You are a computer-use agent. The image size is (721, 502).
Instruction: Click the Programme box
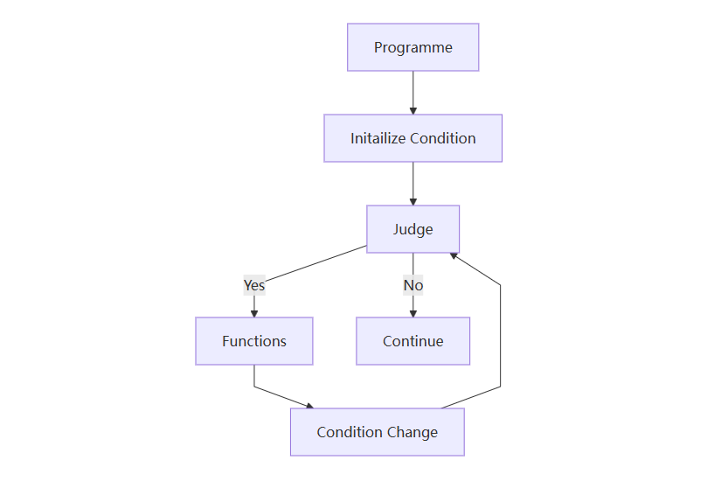[412, 47]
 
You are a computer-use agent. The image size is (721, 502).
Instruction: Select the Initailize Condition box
[412, 138]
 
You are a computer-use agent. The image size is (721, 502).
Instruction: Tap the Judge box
[412, 229]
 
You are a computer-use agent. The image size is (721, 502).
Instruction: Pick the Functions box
[254, 341]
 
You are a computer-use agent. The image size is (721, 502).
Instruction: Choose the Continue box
[412, 341]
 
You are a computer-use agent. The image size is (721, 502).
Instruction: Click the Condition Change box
[377, 432]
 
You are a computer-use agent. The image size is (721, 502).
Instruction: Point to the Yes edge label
[254, 285]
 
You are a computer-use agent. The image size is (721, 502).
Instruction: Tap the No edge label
[412, 285]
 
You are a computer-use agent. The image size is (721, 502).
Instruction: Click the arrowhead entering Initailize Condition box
[412, 110]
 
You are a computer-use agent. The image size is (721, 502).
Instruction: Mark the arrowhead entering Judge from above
[412, 201]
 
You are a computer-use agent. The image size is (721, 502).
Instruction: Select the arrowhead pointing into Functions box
[254, 313]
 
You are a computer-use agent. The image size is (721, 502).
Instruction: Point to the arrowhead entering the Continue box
[412, 313]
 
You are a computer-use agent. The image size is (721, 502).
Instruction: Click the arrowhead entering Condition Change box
[309, 405]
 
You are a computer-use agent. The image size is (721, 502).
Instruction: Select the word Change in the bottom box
[416, 432]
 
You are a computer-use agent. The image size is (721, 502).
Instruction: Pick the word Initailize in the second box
[378, 138]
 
